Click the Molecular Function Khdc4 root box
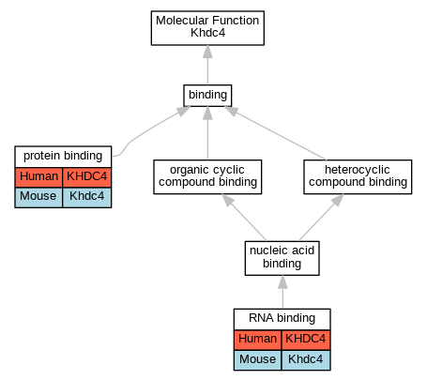pos(207,28)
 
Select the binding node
pos(207,96)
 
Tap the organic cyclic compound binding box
pos(207,177)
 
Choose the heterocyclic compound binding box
pos(358,177)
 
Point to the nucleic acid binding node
pos(282,258)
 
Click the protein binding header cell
pos(63,157)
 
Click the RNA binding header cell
pos(282,319)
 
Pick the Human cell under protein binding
pos(38,177)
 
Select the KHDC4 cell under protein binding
pos(87,177)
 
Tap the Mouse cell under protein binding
pos(38,197)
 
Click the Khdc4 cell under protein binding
pos(87,197)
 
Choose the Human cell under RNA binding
pos(258,340)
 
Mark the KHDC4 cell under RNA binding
pos(306,340)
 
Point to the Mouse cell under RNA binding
pos(258,360)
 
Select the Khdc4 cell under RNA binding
pos(306,360)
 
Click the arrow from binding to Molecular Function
pos(207,65)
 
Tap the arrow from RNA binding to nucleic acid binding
pos(282,292)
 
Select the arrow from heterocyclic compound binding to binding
pos(275,133)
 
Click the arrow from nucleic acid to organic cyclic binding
pos(244,218)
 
